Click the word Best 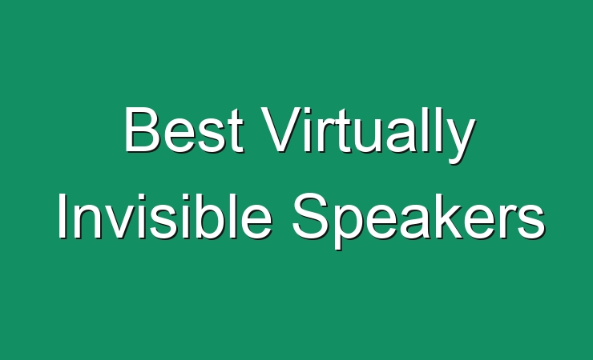[184, 130]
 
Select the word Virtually [368, 135]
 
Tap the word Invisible [165, 215]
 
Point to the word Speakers [418, 221]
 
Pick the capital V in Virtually [281, 130]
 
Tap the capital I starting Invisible [62, 215]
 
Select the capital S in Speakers [312, 215]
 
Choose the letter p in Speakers [352, 226]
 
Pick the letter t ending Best [236, 131]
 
